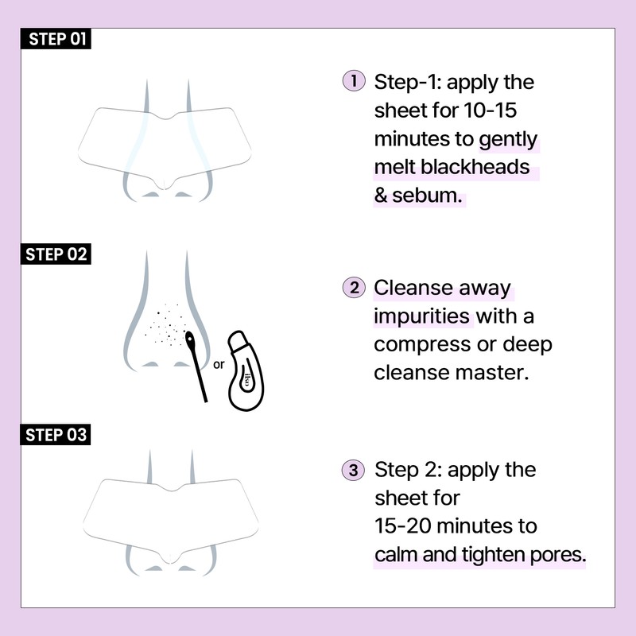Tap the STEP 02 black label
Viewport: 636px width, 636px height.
[x=56, y=254]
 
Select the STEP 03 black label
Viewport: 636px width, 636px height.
[x=56, y=435]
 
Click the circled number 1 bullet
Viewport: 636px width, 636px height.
[x=353, y=81]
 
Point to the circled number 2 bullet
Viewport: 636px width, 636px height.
[x=353, y=287]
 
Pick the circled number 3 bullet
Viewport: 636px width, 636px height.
[x=353, y=469]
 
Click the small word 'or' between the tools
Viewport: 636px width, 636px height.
[x=219, y=366]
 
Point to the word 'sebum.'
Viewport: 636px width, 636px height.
[x=427, y=196]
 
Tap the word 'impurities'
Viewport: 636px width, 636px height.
[x=422, y=316]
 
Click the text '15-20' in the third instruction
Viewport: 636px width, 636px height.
[x=401, y=526]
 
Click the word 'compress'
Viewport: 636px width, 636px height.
[x=421, y=344]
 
